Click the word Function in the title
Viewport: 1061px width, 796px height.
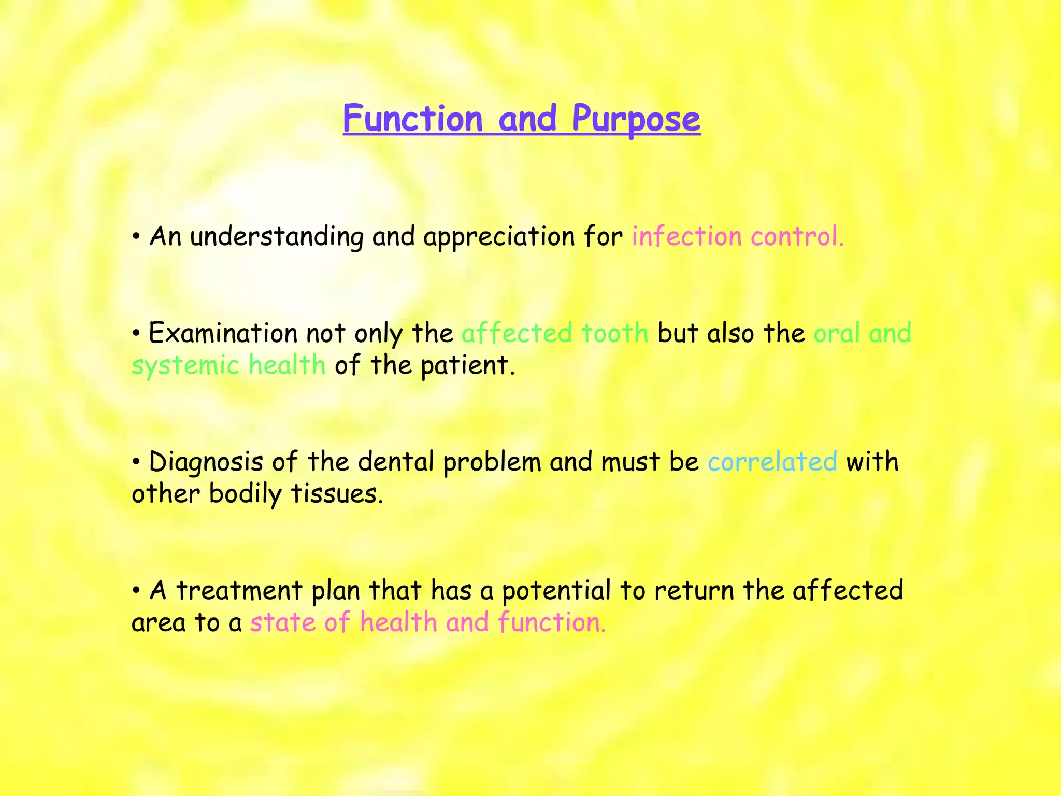(413, 119)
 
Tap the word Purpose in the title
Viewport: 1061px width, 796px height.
(636, 119)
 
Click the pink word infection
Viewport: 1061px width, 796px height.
(687, 236)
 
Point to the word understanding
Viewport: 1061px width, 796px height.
(277, 237)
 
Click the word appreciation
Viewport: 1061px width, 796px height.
(499, 237)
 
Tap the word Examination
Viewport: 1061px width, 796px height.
(223, 333)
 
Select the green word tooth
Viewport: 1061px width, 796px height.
(614, 333)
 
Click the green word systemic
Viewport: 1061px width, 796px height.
(185, 366)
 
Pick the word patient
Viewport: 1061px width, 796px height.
(467, 365)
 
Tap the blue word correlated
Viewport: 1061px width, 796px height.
(772, 461)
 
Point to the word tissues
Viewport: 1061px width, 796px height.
(337, 494)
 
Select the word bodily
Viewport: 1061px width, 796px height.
(245, 494)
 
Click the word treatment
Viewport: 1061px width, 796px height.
(239, 591)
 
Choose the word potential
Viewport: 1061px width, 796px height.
(557, 591)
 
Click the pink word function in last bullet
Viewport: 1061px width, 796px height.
(551, 622)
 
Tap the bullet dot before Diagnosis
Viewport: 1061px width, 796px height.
(136, 462)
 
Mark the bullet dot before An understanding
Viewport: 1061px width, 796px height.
(136, 237)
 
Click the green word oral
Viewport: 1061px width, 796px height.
(836, 333)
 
